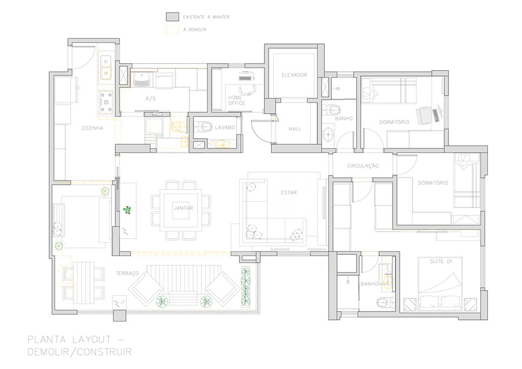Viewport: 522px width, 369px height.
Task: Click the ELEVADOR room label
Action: pyautogui.click(x=294, y=75)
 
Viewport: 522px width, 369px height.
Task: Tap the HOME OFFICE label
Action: pyautogui.click(x=237, y=100)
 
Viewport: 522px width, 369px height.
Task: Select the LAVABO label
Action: pyautogui.click(x=224, y=127)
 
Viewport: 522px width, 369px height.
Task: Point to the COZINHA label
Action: pyautogui.click(x=92, y=128)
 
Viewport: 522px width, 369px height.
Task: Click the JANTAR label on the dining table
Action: pyautogui.click(x=183, y=208)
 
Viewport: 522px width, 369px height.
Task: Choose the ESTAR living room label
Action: pyautogui.click(x=289, y=192)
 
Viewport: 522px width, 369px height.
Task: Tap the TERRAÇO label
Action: pyautogui.click(x=127, y=273)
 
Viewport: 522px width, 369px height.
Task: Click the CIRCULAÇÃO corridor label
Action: pyautogui.click(x=363, y=166)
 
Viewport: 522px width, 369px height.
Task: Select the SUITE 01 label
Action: pyautogui.click(x=441, y=262)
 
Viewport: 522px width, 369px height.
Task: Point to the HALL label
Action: pyautogui.click(x=295, y=129)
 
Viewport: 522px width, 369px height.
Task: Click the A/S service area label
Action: pyautogui.click(x=150, y=98)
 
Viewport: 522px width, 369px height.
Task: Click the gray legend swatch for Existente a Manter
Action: pyautogui.click(x=173, y=17)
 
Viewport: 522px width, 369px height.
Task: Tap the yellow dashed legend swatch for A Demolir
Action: pyautogui.click(x=173, y=30)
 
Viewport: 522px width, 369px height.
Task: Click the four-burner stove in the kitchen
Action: pyautogui.click(x=106, y=103)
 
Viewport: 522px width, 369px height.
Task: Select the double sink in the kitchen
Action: pyautogui.click(x=106, y=67)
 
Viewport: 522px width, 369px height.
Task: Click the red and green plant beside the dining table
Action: pyautogui.click(x=127, y=210)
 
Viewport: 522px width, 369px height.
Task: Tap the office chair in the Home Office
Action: pyautogui.click(x=247, y=89)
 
